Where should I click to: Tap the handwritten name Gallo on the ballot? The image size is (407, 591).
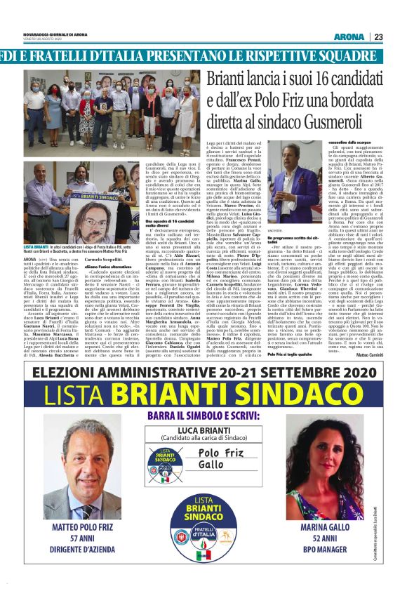tap(213, 466)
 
